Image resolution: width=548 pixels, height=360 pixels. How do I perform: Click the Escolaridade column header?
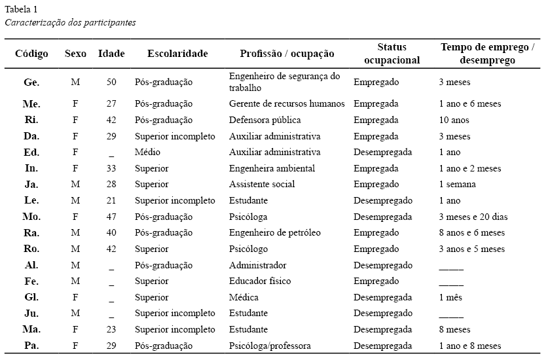coord(177,54)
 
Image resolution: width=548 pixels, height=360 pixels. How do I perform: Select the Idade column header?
coord(111,54)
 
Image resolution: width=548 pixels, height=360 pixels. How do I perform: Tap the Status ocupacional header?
coord(392,54)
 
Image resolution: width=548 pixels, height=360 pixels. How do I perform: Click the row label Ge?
coord(31,82)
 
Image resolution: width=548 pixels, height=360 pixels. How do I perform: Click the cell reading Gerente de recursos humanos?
coord(286,104)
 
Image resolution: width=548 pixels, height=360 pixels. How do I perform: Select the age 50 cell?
coord(111,82)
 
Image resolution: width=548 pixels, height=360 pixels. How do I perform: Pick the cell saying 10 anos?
coord(454,120)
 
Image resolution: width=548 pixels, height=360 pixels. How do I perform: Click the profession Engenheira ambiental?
coord(272,168)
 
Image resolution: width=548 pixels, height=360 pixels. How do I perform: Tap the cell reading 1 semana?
coord(457,185)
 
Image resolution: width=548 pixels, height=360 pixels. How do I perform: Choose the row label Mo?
coord(31,217)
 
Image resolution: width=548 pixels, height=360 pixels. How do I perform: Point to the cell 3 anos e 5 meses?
coord(471,249)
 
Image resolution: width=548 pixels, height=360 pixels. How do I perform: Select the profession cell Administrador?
coord(257,265)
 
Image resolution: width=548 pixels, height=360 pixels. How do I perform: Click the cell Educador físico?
coord(259,281)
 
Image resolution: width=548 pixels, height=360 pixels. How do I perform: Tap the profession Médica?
coord(244,297)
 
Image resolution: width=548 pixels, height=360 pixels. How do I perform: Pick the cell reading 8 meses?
coord(454,330)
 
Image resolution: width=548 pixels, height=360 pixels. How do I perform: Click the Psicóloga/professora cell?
coord(269,346)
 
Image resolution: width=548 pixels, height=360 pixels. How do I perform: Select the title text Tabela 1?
coord(21,9)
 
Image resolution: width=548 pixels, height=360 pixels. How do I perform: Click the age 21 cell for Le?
coord(111,201)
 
